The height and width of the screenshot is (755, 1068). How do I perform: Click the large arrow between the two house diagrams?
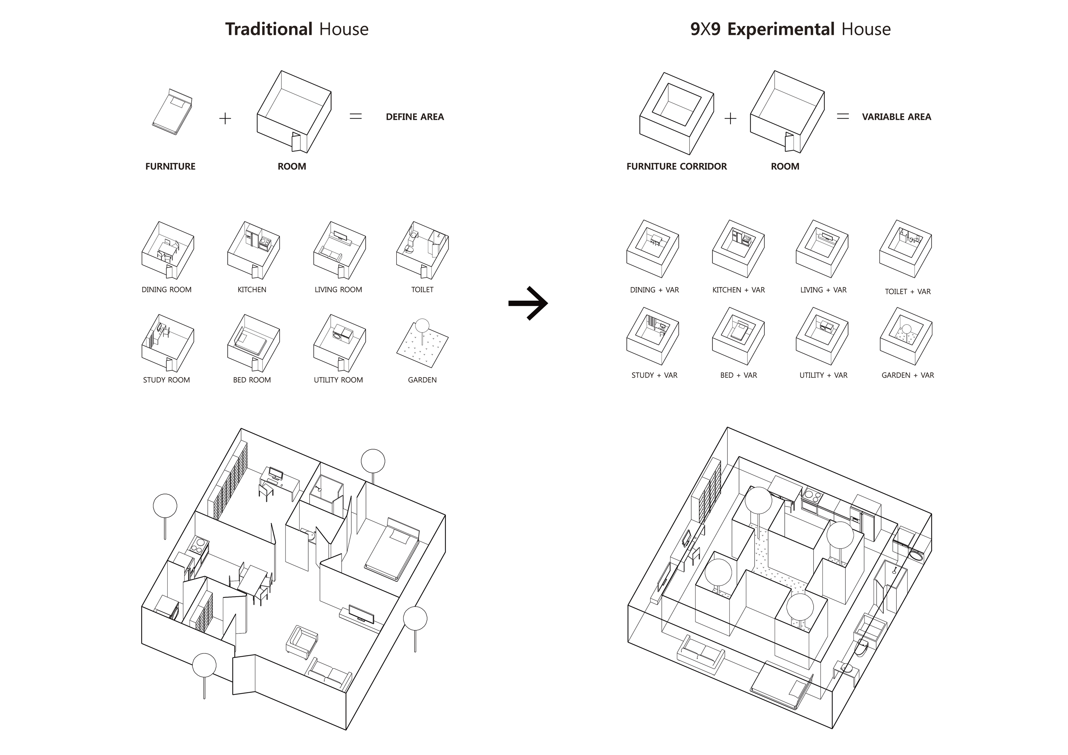click(x=528, y=303)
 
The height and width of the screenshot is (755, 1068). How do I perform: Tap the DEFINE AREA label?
click(x=415, y=117)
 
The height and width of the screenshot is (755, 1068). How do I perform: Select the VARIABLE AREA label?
click(x=896, y=117)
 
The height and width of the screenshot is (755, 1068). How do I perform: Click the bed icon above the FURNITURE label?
click(x=172, y=112)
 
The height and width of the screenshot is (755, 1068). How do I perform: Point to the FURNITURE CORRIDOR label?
click(x=676, y=167)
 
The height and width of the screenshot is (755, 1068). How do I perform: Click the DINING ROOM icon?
click(x=168, y=250)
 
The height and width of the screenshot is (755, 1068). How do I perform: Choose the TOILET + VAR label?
click(x=907, y=292)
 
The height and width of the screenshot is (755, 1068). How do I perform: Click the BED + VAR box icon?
click(x=738, y=336)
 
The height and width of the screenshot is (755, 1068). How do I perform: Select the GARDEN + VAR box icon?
click(x=906, y=336)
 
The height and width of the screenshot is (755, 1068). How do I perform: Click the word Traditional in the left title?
click(x=269, y=29)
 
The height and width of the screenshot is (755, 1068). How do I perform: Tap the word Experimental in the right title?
click(x=781, y=29)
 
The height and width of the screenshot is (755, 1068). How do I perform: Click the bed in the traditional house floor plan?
click(x=392, y=550)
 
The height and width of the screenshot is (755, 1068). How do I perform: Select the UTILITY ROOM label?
click(x=338, y=380)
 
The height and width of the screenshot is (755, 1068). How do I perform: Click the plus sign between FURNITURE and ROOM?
click(x=225, y=119)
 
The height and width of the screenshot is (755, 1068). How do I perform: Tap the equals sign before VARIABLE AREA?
click(x=843, y=117)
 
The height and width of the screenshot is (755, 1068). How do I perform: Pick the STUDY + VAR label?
click(x=654, y=375)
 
